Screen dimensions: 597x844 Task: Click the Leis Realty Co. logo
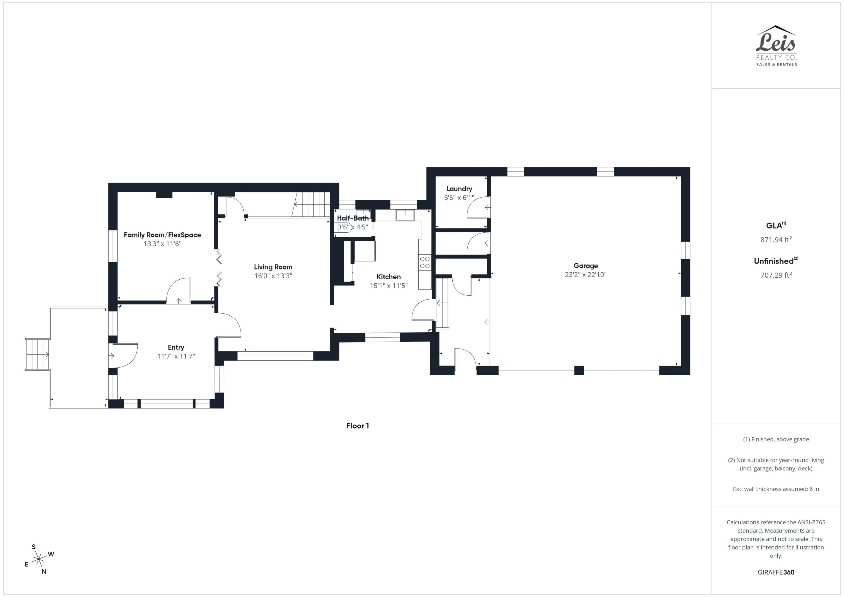[776, 46]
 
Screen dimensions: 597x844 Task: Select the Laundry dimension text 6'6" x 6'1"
[459, 198]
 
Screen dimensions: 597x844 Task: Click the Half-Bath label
[353, 218]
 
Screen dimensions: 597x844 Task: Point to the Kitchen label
[389, 277]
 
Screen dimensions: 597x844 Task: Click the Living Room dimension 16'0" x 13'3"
[273, 276]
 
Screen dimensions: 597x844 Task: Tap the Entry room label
[176, 347]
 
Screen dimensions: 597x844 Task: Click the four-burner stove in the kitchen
[425, 262]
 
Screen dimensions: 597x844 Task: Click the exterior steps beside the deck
[37, 354]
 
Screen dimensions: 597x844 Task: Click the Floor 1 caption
[357, 426]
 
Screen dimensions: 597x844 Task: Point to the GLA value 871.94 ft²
[776, 240]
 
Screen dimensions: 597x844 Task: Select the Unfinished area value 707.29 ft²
[776, 275]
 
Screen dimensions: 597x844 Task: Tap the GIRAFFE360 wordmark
[776, 572]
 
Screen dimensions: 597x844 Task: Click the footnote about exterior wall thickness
[776, 489]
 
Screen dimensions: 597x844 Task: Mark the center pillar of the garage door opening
[579, 370]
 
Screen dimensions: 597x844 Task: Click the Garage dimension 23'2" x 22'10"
[585, 275]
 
